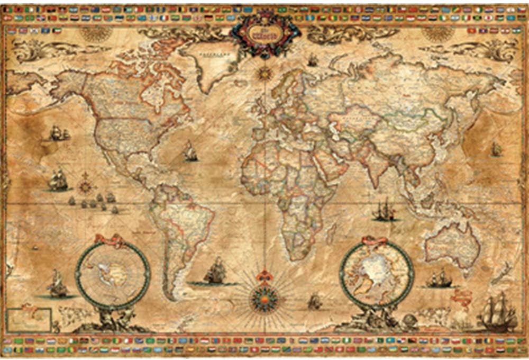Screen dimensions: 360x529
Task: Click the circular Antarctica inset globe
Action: click(x=112, y=274)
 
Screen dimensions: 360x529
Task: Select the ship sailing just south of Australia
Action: click(x=439, y=278)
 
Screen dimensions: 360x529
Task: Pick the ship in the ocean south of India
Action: click(x=385, y=210)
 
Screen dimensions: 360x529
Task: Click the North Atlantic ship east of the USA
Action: click(x=190, y=152)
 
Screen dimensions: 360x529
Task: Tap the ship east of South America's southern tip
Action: click(x=215, y=273)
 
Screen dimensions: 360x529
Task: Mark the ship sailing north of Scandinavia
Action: click(x=313, y=60)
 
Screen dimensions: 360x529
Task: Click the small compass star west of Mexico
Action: click(x=84, y=186)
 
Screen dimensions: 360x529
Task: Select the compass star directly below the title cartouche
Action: click(x=264, y=73)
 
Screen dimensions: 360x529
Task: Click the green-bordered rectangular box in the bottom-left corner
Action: click(x=29, y=320)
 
